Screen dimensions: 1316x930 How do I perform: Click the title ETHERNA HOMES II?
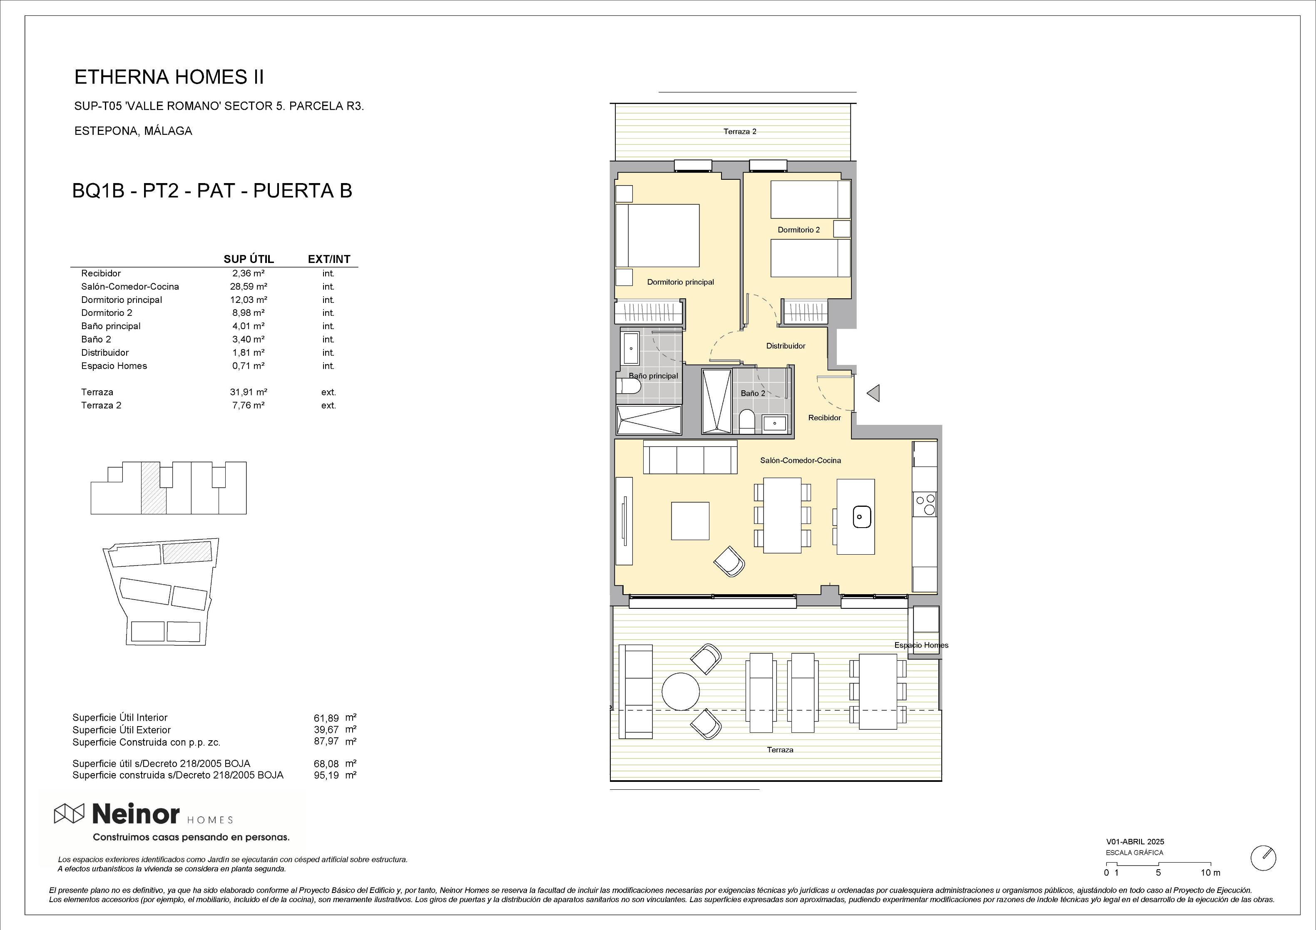[169, 77]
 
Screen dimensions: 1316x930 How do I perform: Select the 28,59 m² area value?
[248, 287]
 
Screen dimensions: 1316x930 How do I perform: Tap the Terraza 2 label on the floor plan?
[739, 131]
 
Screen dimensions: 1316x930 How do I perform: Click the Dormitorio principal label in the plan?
[680, 282]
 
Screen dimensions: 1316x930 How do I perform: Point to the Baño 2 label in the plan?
[753, 393]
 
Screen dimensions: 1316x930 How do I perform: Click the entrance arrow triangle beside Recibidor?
[873, 393]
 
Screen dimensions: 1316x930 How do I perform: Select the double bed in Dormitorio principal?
[657, 236]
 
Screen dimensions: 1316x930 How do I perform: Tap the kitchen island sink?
[860, 516]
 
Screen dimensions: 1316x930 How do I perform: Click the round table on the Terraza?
[680, 691]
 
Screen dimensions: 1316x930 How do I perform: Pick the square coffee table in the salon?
[690, 521]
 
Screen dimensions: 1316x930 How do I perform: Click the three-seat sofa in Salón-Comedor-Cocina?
[690, 457]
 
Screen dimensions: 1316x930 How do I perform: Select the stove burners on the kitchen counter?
[925, 504]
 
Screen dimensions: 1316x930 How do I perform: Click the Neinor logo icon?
[69, 813]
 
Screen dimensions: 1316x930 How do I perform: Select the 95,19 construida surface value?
[327, 775]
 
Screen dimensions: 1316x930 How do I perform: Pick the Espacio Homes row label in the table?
[114, 366]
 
